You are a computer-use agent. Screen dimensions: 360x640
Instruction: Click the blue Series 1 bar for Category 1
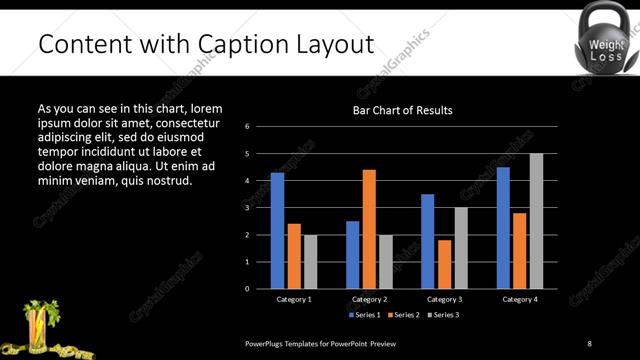point(277,230)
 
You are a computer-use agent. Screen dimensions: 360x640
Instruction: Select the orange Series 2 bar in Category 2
point(369,229)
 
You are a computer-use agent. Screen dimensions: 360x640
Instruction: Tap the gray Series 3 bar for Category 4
point(536,221)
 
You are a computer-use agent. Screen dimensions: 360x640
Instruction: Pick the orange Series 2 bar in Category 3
point(444,264)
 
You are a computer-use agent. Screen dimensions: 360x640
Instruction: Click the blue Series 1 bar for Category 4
point(503,227)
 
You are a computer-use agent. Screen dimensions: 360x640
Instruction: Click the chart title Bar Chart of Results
point(403,110)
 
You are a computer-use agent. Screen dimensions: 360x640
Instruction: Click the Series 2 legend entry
point(403,315)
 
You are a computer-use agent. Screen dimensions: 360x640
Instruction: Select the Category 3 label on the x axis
point(444,299)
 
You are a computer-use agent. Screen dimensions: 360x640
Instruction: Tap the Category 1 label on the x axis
point(294,299)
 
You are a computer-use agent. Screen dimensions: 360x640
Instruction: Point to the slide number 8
point(589,343)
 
